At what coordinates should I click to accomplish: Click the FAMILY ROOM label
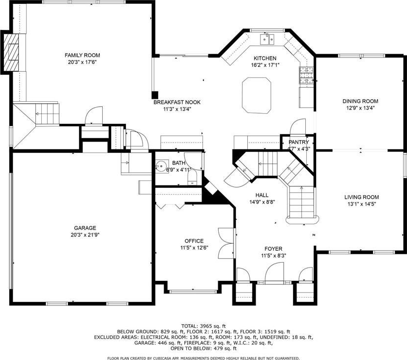pos(82,55)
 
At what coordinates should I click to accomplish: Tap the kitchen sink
pos(267,39)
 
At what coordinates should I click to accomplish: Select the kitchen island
pos(257,95)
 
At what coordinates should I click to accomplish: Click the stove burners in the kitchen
pos(306,75)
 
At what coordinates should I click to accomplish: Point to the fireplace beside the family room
pos(11,53)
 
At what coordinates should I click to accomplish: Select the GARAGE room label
pos(85,228)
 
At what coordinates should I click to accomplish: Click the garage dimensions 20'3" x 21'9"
pos(85,235)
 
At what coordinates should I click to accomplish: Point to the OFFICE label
pos(194,241)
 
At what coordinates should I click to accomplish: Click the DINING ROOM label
pos(360,101)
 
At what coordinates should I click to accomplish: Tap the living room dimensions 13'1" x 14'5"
pos(362,204)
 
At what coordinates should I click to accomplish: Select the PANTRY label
pos(299,142)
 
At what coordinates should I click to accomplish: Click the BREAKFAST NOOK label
pos(177,102)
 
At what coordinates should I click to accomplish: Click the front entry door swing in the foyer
pos(274,271)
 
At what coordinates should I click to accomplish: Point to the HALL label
pos(262,195)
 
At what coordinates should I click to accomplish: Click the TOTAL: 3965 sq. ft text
pos(203,326)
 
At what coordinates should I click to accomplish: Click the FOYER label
pos(273,249)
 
